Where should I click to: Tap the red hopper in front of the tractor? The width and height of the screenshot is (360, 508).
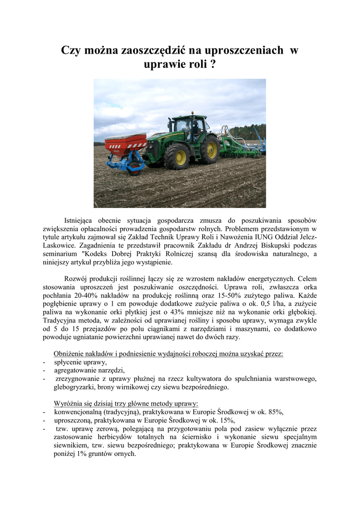pos(125,144)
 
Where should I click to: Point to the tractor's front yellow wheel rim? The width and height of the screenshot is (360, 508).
pos(178,157)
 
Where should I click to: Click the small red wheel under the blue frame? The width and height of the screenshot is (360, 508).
pos(135,170)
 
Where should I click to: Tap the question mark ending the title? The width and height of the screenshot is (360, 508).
pos(213,64)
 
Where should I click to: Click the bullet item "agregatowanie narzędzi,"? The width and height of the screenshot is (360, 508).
pos(89,371)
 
